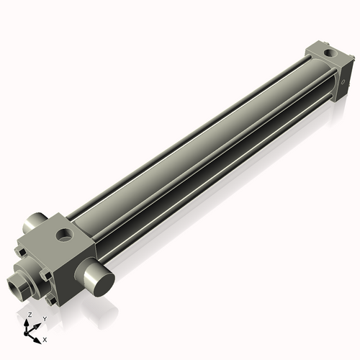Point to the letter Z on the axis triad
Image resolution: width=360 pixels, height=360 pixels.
click(x=30, y=315)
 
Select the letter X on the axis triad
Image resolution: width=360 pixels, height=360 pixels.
click(x=45, y=338)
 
